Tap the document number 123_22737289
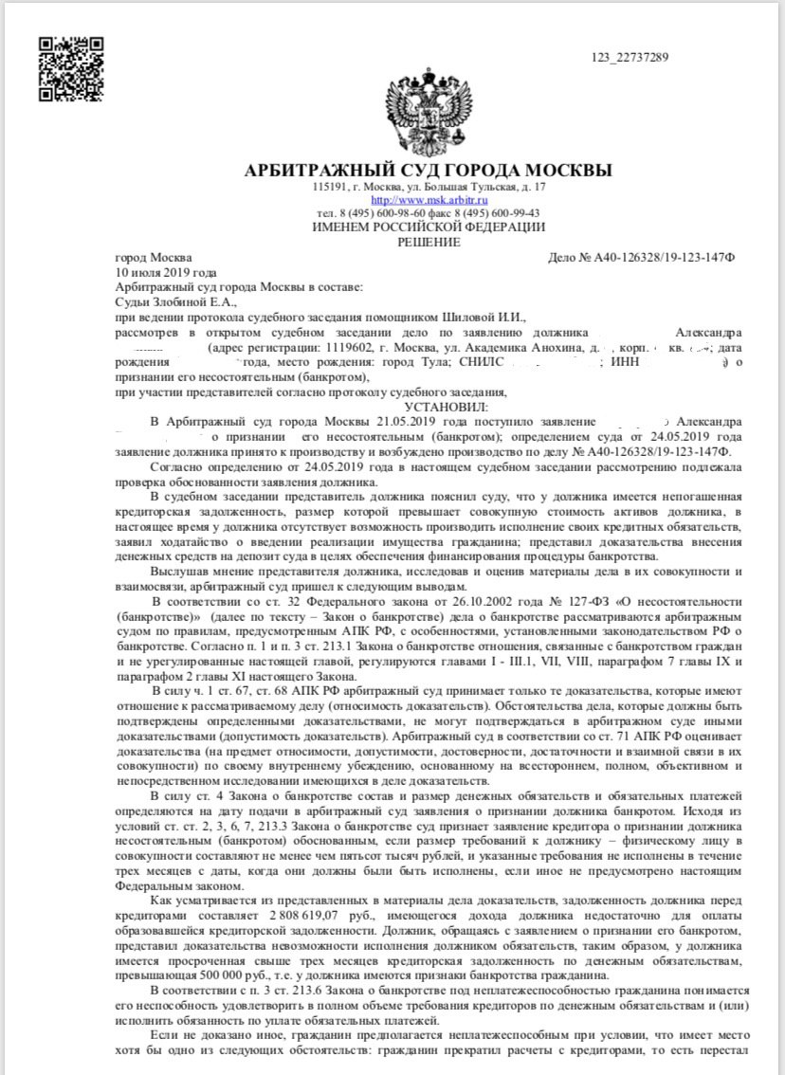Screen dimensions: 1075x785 630,58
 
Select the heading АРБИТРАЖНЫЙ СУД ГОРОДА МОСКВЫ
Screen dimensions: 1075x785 429,171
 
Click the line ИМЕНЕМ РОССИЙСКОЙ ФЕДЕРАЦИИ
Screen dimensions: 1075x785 429,227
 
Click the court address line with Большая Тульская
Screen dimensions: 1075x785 429,188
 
